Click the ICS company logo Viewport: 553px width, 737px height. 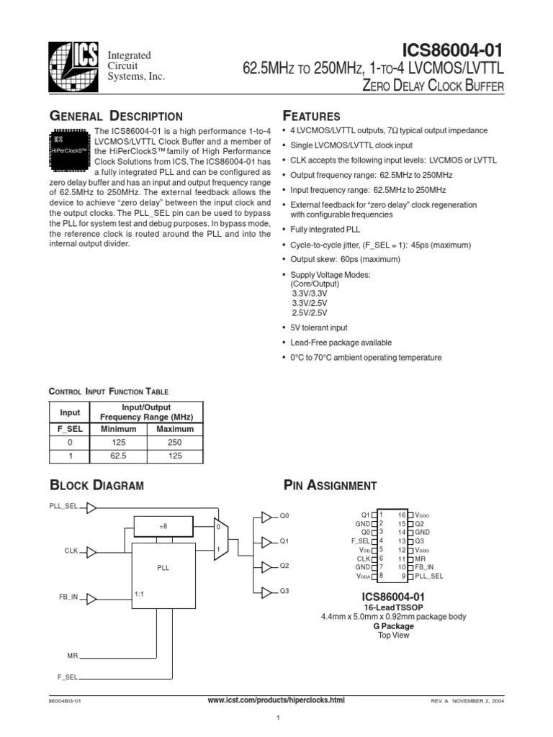click(73, 65)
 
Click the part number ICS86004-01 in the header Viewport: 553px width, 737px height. click(452, 50)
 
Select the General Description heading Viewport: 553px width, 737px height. click(115, 117)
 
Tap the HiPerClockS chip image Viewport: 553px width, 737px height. click(71, 150)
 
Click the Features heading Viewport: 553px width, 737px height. click(312, 117)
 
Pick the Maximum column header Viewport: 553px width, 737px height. click(175, 428)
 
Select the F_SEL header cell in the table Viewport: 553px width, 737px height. click(70, 428)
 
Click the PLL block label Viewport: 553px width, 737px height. click(163, 567)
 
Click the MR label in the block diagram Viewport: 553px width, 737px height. click(72, 656)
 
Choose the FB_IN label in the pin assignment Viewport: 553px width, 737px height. click(424, 567)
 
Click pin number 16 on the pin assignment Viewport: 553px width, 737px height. click(402, 515)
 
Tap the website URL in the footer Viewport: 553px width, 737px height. click(276, 700)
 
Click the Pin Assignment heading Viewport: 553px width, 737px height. click(331, 485)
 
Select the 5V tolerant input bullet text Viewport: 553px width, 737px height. click(319, 327)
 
